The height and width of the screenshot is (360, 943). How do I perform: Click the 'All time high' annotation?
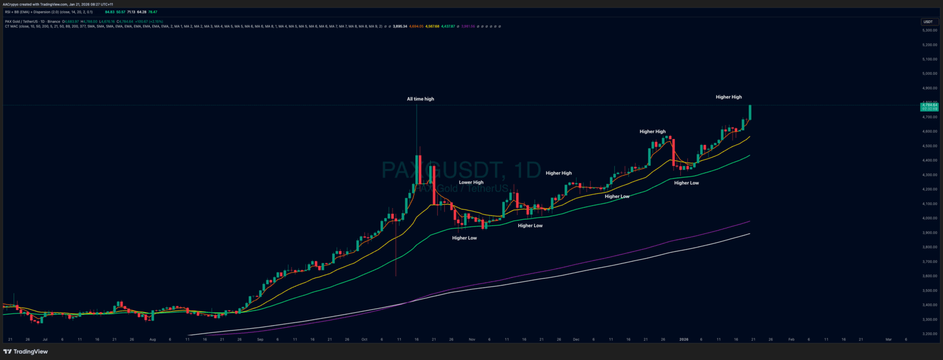pyautogui.click(x=420, y=99)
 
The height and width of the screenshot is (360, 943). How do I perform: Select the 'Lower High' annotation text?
pyautogui.click(x=471, y=183)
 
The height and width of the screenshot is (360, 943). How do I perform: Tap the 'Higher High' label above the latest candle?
pyautogui.click(x=728, y=97)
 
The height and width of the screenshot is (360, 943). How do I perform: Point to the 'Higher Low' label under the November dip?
pyautogui.click(x=464, y=238)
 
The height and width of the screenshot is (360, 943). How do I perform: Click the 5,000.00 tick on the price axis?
pyautogui.click(x=929, y=74)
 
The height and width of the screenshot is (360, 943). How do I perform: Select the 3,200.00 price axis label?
pyautogui.click(x=929, y=334)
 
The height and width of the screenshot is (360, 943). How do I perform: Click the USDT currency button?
pyautogui.click(x=928, y=22)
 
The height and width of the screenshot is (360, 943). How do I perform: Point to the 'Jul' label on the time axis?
pyautogui.click(x=45, y=339)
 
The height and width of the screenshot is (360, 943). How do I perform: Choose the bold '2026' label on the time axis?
pyautogui.click(x=684, y=339)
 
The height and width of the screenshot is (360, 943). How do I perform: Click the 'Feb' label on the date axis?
pyautogui.click(x=791, y=339)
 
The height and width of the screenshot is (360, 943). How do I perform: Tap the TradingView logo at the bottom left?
pyautogui.click(x=25, y=352)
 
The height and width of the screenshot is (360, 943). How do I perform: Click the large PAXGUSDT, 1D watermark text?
pyautogui.click(x=461, y=170)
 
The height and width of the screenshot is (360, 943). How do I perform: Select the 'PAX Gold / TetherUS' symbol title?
pyautogui.click(x=24, y=21)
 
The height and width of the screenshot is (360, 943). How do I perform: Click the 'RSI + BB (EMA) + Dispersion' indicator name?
pyautogui.click(x=31, y=12)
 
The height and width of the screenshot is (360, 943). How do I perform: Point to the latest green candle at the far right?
pyautogui.click(x=750, y=113)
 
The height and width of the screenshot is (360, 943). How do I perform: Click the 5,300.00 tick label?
pyautogui.click(x=929, y=30)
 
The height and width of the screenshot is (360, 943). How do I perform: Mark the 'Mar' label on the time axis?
pyautogui.click(x=889, y=339)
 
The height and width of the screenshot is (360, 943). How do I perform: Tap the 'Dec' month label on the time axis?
pyautogui.click(x=576, y=339)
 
